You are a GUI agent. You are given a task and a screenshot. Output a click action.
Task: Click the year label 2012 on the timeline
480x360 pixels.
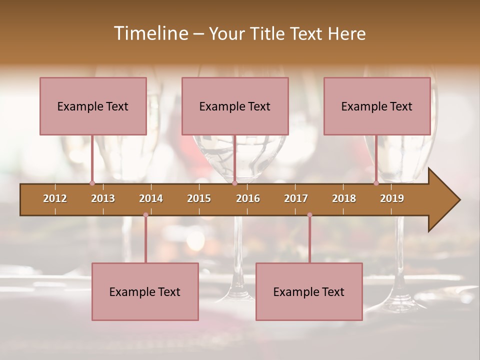click(x=55, y=198)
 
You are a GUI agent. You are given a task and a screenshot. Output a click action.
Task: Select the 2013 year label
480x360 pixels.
click(x=103, y=198)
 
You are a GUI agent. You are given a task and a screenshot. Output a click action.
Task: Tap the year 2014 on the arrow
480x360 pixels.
click(x=151, y=198)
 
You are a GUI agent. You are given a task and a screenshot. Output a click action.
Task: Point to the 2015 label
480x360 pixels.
click(x=199, y=198)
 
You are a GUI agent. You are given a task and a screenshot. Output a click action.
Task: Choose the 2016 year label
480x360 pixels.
click(x=248, y=198)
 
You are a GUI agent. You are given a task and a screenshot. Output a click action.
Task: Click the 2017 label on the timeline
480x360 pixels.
click(x=296, y=198)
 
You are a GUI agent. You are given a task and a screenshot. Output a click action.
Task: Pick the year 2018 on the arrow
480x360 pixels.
click(x=344, y=198)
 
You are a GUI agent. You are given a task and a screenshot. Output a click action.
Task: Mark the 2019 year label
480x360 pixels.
click(x=392, y=198)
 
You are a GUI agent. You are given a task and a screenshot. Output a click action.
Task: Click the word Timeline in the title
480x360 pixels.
click(x=150, y=33)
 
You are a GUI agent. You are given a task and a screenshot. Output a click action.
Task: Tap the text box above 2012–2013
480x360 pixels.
click(x=93, y=106)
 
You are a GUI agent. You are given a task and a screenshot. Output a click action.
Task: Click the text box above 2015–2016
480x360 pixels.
click(x=235, y=106)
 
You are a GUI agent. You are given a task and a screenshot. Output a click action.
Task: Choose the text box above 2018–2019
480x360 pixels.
click(x=377, y=106)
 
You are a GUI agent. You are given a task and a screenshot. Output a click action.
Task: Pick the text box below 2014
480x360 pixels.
click(x=145, y=291)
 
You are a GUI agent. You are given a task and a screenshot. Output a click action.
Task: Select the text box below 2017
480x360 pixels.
click(x=309, y=291)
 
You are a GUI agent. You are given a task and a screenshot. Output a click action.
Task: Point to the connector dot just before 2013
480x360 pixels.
click(x=92, y=183)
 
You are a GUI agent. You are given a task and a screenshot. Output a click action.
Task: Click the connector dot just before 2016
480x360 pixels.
click(x=234, y=183)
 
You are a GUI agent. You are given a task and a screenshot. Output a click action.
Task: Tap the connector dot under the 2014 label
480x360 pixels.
click(x=145, y=215)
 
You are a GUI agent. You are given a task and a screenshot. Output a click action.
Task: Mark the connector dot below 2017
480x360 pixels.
click(x=309, y=215)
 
